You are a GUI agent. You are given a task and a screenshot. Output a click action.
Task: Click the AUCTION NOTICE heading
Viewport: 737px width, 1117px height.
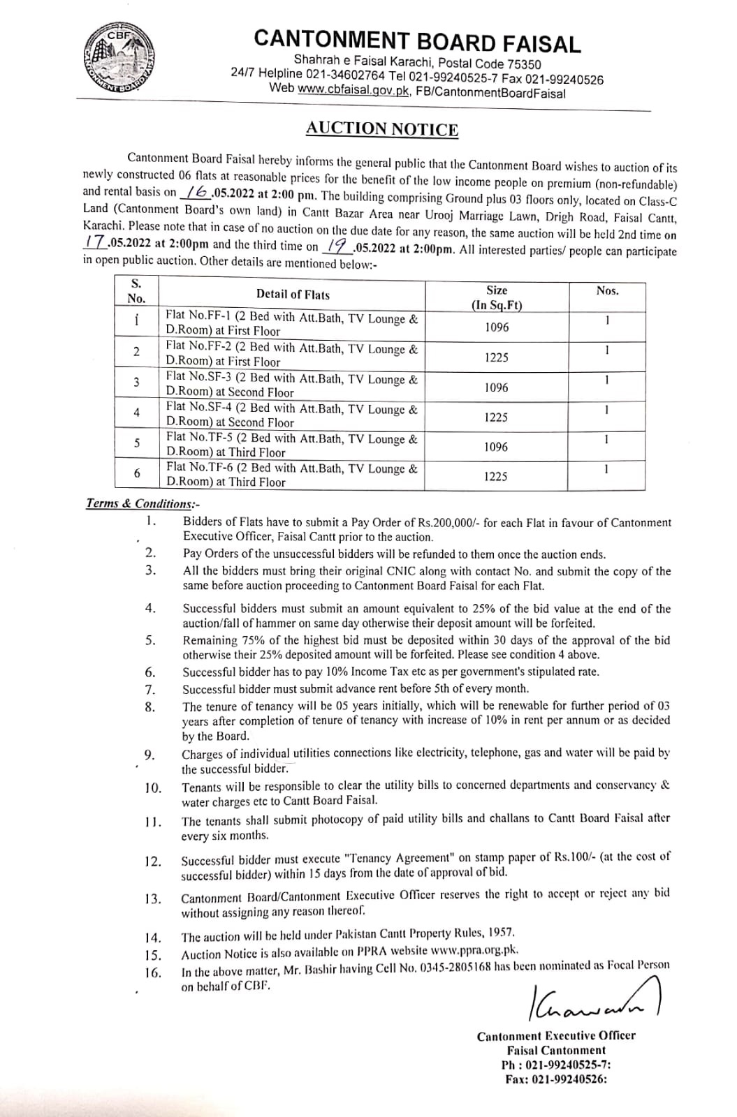(x=381, y=129)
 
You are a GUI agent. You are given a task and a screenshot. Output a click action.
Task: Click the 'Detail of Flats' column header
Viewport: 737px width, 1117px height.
(x=293, y=295)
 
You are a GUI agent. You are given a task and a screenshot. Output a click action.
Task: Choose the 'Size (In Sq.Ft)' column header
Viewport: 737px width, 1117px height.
(x=497, y=297)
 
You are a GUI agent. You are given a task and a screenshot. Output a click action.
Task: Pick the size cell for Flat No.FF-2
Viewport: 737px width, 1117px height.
(x=497, y=357)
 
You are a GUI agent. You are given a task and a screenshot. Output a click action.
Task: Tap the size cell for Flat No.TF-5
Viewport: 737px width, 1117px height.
(x=497, y=447)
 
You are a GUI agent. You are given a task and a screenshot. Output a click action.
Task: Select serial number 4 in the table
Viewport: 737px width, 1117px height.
(x=136, y=413)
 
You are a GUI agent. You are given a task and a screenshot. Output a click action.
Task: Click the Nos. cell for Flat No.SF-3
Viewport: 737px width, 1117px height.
(x=606, y=380)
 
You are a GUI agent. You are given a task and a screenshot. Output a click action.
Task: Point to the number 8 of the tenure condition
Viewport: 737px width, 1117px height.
(x=149, y=707)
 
